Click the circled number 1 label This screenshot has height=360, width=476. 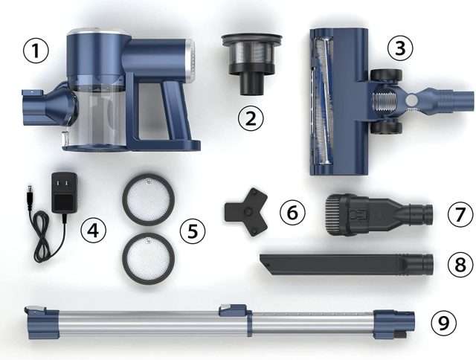[36, 51]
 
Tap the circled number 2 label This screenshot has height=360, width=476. [251, 118]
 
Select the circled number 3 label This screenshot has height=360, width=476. [400, 48]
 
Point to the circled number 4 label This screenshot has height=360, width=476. [93, 231]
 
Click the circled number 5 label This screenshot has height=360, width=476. [193, 231]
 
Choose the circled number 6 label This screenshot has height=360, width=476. [292, 213]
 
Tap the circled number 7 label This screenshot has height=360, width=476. [460, 213]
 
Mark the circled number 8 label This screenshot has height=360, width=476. [460, 264]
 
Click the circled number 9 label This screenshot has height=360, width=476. [443, 323]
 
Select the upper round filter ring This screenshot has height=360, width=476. [148, 199]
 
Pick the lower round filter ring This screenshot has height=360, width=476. [148, 257]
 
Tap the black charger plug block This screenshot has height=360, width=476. [64, 193]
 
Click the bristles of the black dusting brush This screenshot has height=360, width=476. [333, 215]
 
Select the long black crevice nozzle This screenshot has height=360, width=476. [346, 264]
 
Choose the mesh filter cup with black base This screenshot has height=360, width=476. [251, 64]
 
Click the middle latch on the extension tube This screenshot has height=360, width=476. [232, 310]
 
